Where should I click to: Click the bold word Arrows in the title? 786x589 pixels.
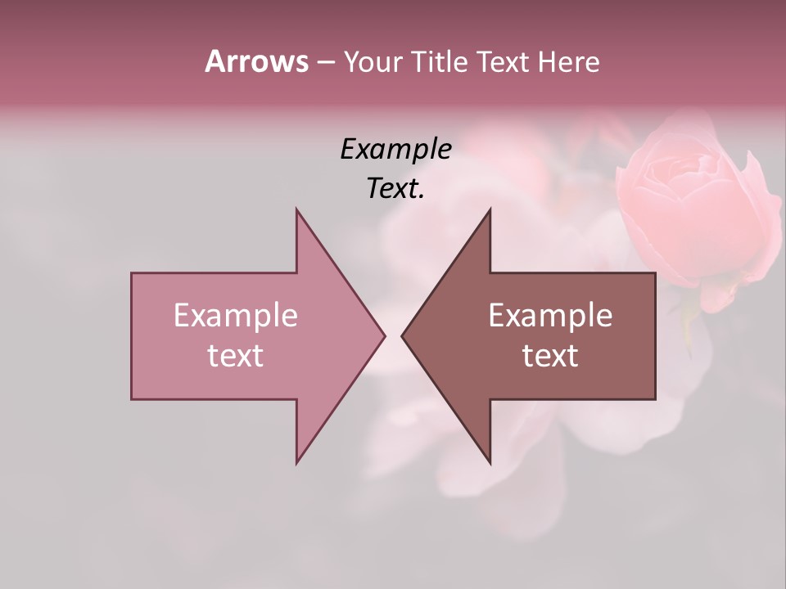(x=256, y=61)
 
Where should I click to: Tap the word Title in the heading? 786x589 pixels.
(x=439, y=61)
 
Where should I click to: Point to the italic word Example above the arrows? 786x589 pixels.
(x=396, y=149)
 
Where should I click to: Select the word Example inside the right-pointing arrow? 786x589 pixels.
(x=236, y=315)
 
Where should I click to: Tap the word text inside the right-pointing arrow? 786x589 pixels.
(x=236, y=355)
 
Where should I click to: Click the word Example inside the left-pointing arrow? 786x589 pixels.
(x=550, y=315)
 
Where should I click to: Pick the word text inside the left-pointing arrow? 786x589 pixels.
(x=550, y=355)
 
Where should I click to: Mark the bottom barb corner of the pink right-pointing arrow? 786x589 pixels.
(x=297, y=461)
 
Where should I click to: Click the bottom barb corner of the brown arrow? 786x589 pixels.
(x=490, y=461)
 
